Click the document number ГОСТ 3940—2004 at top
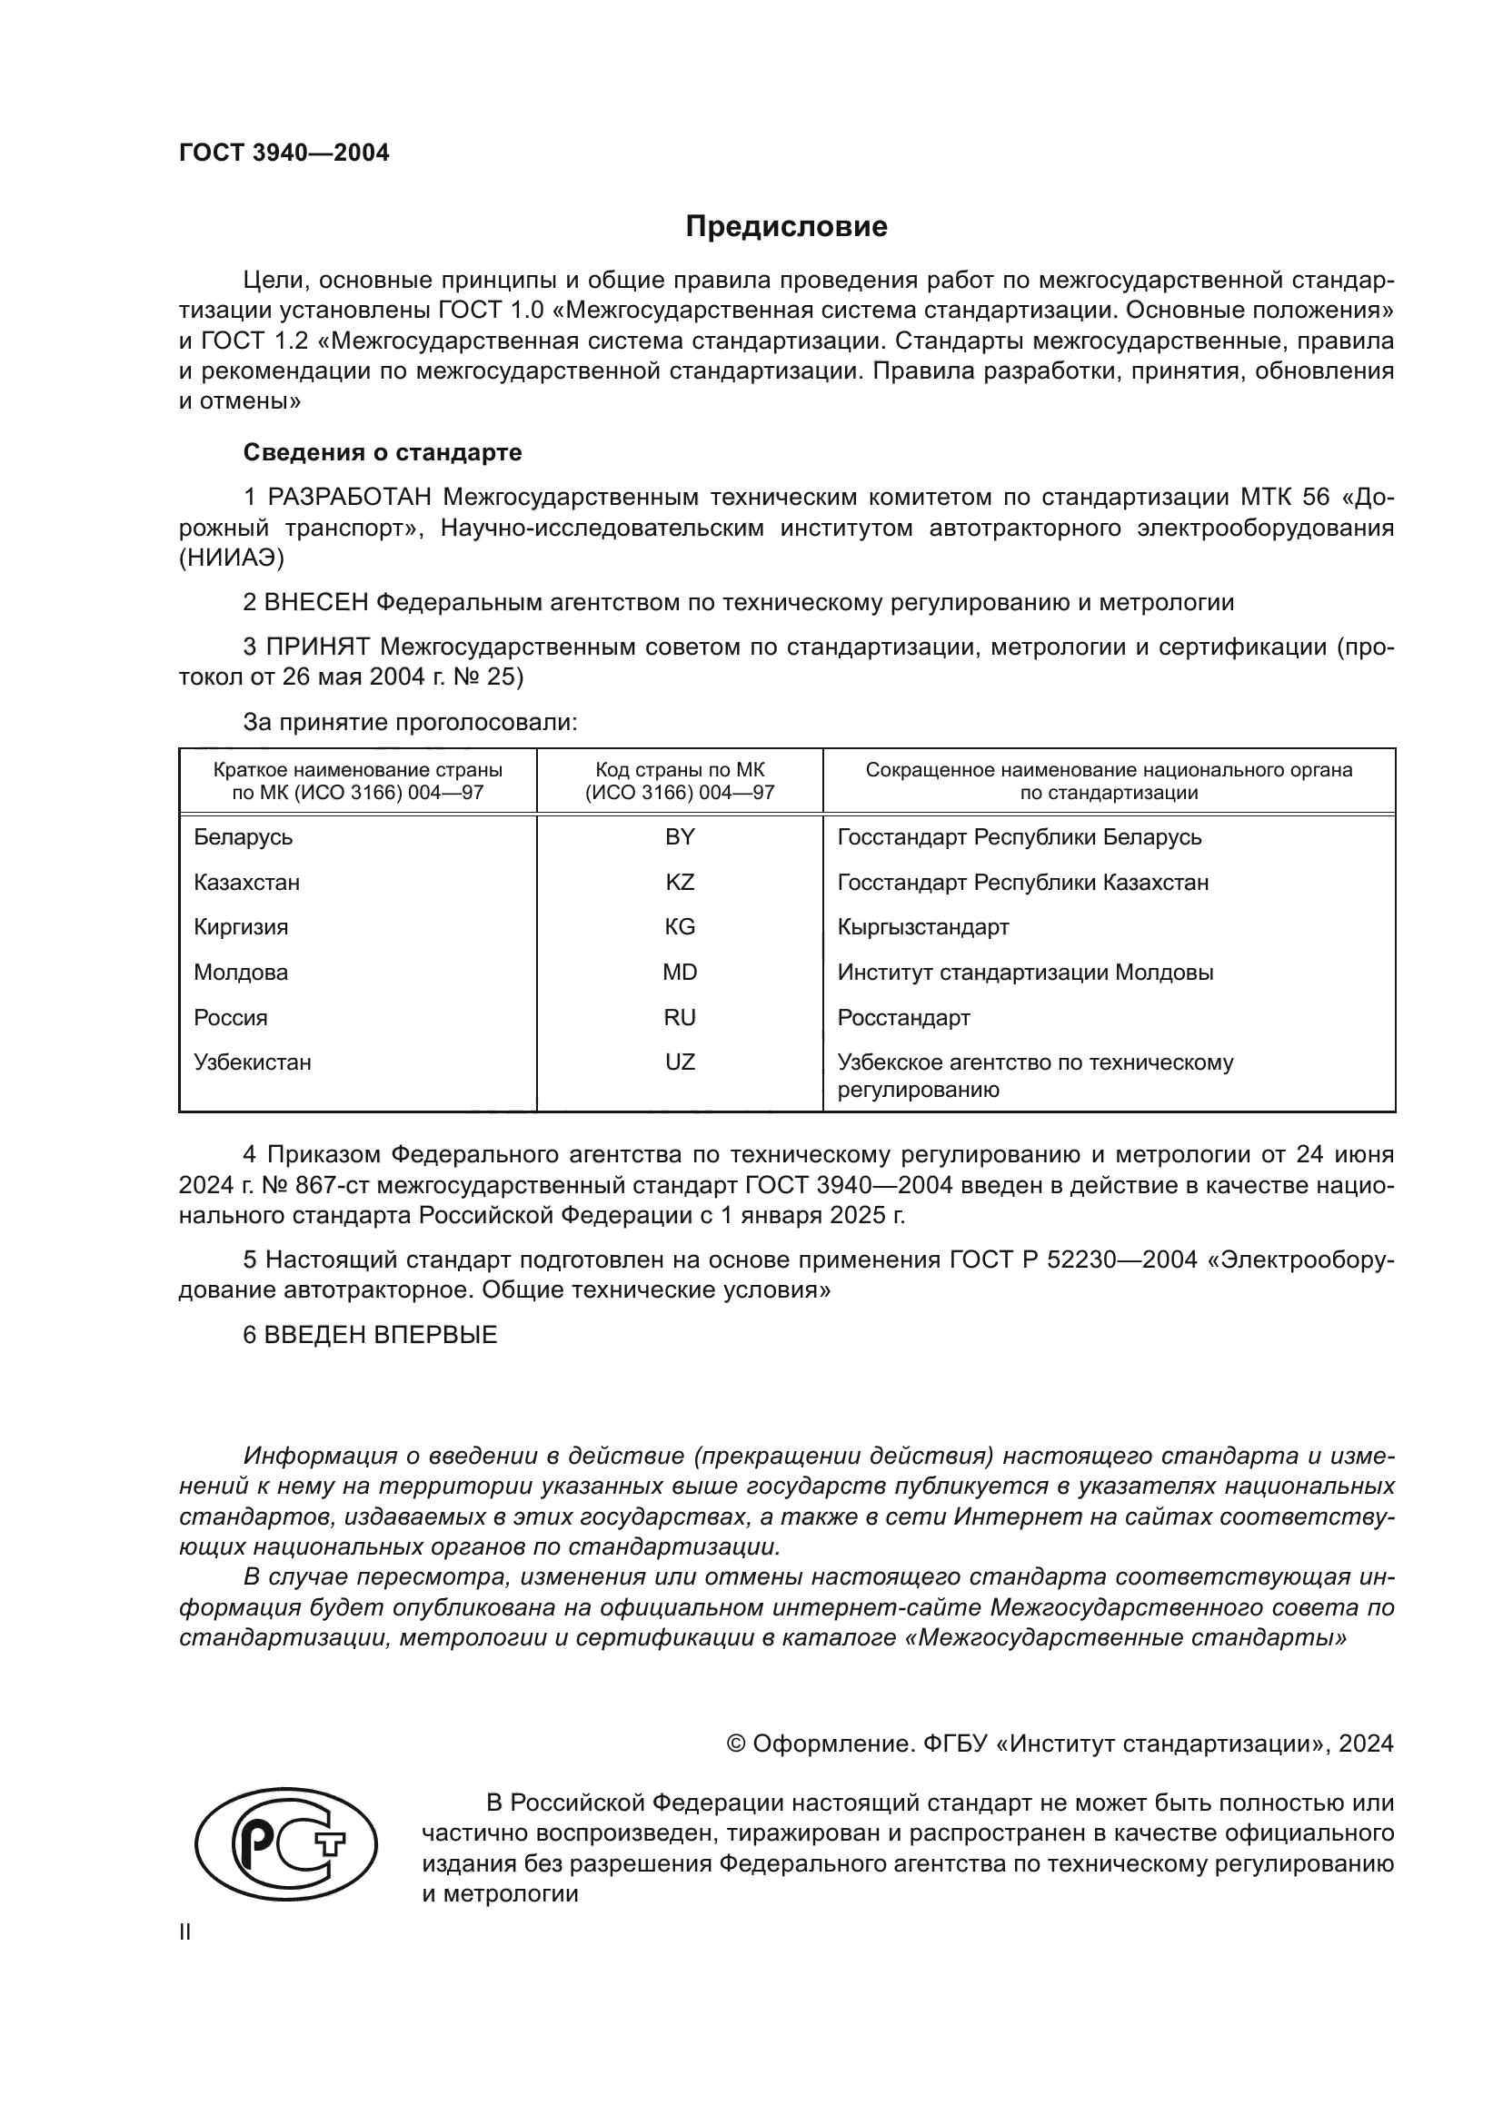284,153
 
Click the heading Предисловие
786,226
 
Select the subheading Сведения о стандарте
383,452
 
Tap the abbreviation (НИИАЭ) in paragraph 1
232,558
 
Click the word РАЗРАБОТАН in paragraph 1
349,498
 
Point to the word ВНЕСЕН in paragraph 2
315,603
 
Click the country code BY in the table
680,837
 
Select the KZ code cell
680,883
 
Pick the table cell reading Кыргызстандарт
922,927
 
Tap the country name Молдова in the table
241,973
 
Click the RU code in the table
680,1018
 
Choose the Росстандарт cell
903,1018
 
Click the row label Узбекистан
252,1062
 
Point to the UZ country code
680,1062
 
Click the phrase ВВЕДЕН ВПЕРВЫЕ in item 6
381,1335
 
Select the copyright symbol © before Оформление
736,1744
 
